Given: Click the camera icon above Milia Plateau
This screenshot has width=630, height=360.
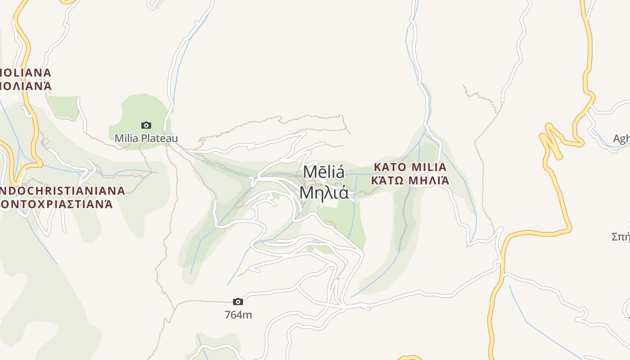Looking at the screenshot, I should click(146, 125).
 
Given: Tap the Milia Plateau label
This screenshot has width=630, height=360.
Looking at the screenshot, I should click(146, 138).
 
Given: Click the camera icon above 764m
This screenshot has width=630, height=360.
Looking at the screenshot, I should click(238, 301).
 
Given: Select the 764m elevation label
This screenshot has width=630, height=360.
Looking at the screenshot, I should click(238, 315).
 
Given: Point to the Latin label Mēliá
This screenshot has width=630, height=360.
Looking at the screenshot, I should click(324, 172).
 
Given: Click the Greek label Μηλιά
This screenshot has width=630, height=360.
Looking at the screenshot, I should click(324, 193).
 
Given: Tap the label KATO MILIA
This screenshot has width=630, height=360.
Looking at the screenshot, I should click(410, 167).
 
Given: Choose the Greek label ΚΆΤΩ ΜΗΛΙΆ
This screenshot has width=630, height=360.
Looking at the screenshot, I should click(410, 181).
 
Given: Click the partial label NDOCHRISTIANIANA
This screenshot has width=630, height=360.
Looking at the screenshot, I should click(62, 190).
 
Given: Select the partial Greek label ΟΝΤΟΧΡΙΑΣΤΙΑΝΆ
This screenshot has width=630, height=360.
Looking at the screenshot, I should click(56, 204).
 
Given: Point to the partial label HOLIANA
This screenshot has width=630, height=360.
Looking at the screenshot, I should click(26, 72).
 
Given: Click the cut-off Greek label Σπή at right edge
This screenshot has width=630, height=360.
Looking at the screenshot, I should click(621, 236).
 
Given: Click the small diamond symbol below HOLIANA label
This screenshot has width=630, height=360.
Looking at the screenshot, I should click(45, 142).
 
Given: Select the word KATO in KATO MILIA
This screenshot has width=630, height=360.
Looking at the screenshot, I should click(390, 167).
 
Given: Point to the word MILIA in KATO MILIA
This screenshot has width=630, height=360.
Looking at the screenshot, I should click(429, 167).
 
